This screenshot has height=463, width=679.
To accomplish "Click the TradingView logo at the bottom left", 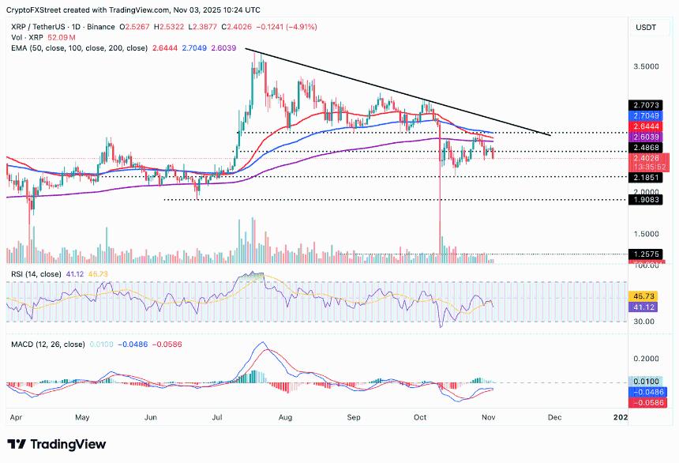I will coord(56,444).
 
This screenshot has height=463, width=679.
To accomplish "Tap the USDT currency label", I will coord(647,28).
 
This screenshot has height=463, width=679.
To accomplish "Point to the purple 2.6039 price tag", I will coord(647,136).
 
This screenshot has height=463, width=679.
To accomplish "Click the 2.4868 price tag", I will coord(647,147).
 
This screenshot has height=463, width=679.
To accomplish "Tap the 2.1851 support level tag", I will coord(647,178).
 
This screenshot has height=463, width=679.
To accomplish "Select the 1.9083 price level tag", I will coord(647,201).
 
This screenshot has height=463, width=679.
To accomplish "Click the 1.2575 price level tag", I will coord(647,254).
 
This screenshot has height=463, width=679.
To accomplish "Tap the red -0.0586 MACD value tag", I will coord(647,402).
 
